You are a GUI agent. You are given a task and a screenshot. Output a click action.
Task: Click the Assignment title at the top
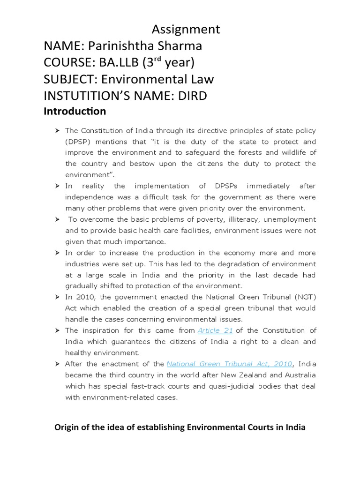pos(186,29)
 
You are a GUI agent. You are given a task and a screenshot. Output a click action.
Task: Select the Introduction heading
pos(75,112)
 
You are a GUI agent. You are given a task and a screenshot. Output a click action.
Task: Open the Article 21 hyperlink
pos(216,330)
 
